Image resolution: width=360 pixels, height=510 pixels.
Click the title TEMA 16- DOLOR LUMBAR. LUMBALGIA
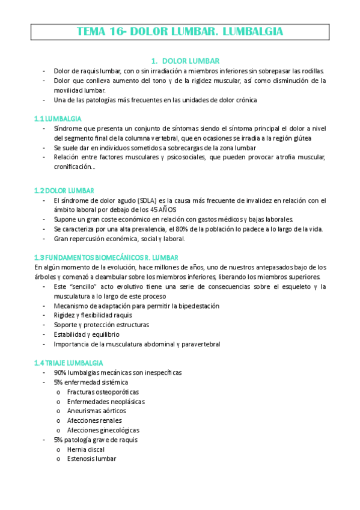point(180,31)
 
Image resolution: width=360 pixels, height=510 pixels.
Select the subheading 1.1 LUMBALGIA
point(58,119)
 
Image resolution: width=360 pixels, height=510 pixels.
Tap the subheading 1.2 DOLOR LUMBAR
point(60,191)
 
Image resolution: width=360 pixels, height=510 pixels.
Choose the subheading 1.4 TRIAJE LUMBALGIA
point(69,363)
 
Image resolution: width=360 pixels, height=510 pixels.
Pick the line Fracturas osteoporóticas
point(99,392)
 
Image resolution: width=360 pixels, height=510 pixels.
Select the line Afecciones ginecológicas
point(103,430)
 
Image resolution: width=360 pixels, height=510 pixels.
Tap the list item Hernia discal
point(85,449)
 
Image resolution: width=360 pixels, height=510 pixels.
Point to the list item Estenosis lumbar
point(92,459)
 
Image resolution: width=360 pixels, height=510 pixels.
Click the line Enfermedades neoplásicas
point(106,401)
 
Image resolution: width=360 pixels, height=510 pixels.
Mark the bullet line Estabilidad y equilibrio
point(86,334)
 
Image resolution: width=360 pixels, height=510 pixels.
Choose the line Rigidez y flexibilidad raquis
point(93,315)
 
